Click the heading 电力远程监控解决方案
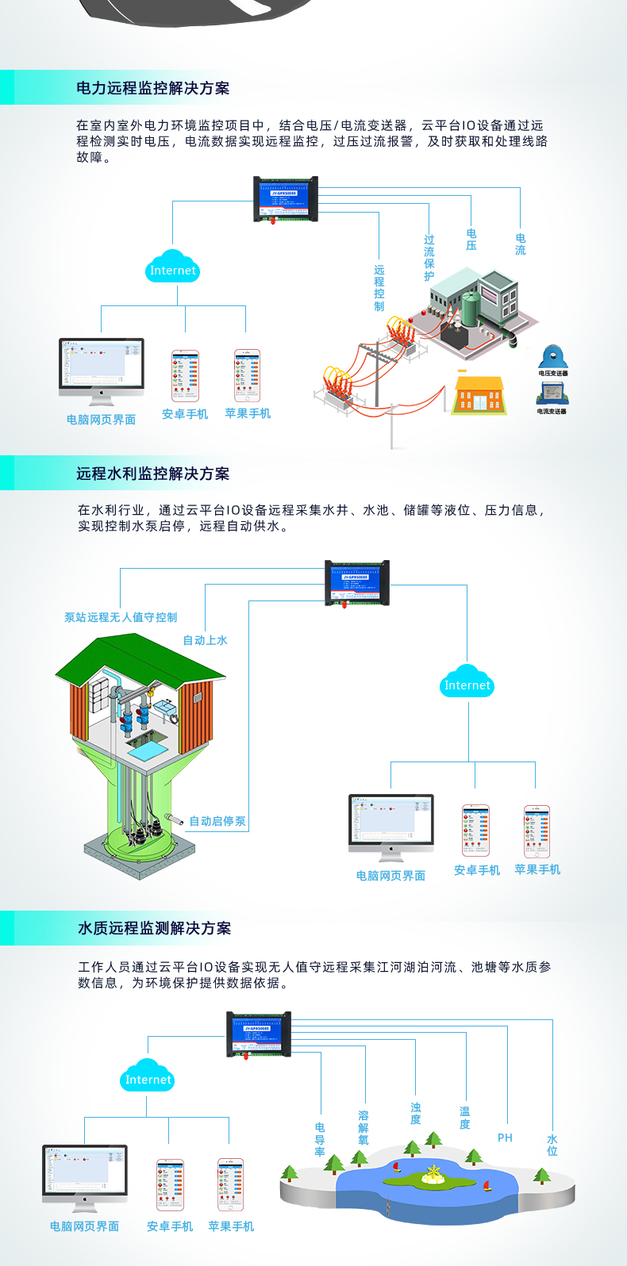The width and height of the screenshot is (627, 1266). click(x=153, y=88)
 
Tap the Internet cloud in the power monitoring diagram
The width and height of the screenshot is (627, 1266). click(x=172, y=268)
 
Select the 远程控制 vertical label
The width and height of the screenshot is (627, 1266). click(x=379, y=288)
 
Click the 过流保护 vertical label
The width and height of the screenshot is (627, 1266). click(x=429, y=258)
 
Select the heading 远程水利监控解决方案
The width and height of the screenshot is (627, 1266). click(x=153, y=474)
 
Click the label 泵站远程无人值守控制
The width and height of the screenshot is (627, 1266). click(x=121, y=617)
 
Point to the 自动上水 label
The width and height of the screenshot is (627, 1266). click(x=205, y=640)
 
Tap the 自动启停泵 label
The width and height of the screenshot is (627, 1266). click(x=217, y=821)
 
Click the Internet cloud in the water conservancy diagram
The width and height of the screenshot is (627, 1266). click(x=467, y=683)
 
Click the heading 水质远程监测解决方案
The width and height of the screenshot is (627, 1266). click(x=155, y=928)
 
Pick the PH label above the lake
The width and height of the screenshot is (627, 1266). click(x=505, y=1137)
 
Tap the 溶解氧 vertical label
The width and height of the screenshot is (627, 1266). click(x=364, y=1127)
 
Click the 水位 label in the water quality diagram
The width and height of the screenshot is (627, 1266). click(x=552, y=1145)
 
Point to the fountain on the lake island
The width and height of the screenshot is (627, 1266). click(x=433, y=1173)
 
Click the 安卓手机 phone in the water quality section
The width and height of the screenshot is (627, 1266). click(x=170, y=1185)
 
